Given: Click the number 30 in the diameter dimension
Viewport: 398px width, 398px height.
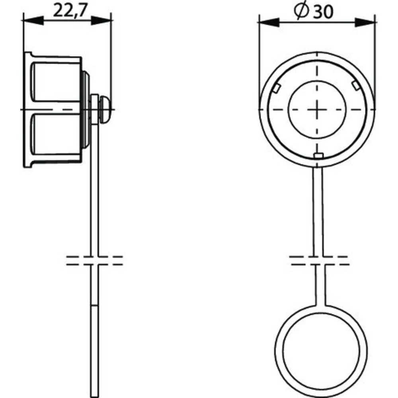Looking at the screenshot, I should click(x=322, y=13).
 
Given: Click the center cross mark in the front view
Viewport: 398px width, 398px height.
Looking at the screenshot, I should click(x=317, y=109).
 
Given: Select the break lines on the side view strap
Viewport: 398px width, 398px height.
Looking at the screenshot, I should click(x=94, y=260).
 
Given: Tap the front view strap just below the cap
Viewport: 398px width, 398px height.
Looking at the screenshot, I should click(x=318, y=199).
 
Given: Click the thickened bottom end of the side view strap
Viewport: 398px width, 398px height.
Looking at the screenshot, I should click(x=94, y=350).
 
